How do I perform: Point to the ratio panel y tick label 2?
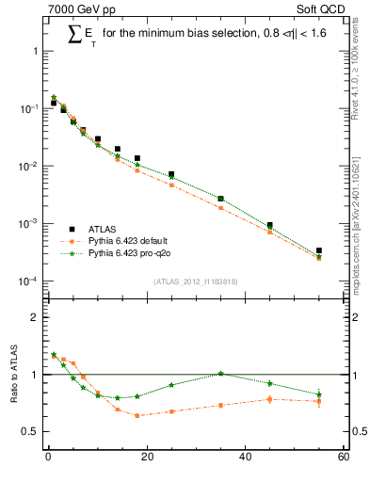click(x=37, y=317)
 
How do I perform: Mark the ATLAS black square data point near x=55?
click(x=319, y=250)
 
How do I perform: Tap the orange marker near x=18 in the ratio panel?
click(x=137, y=415)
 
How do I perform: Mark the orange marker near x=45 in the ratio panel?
click(x=270, y=399)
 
